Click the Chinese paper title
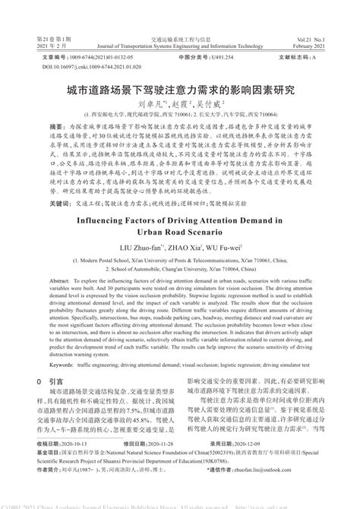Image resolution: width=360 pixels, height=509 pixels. point(180,90)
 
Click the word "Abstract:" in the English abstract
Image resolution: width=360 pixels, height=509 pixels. point(43,280)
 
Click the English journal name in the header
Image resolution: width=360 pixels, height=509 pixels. point(180,46)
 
